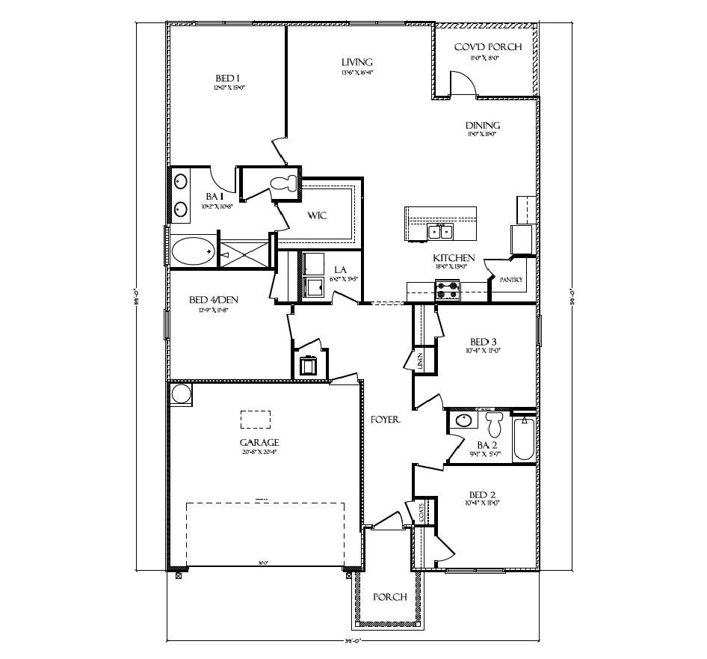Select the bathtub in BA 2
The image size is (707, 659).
[523, 440]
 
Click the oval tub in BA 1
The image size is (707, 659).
[194, 250]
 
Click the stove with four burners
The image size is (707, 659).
[447, 289]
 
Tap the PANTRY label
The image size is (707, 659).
[512, 281]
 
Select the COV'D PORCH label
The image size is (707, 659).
[487, 47]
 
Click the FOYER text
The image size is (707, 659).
[386, 420]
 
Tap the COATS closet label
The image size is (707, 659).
[422, 512]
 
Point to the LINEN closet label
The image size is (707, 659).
[422, 361]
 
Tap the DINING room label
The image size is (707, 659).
[483, 126]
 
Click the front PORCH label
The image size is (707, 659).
[389, 597]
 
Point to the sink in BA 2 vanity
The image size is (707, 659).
[463, 421]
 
